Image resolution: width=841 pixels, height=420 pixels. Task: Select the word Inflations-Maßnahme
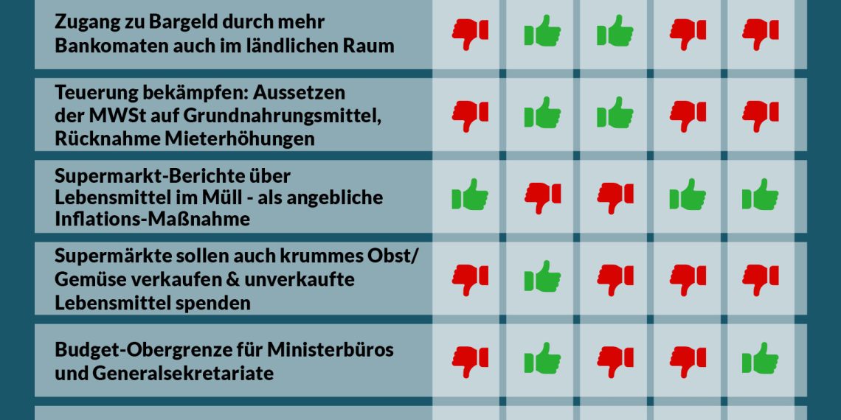(151, 220)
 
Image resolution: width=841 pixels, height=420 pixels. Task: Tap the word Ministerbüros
(330, 349)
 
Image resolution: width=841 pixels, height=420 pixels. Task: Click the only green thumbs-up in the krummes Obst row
(542, 279)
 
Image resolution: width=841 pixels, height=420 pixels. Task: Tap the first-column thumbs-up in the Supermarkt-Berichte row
(470, 196)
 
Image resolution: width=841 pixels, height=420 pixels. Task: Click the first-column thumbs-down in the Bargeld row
(470, 33)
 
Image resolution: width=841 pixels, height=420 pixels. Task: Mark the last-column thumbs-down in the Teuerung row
(760, 115)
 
